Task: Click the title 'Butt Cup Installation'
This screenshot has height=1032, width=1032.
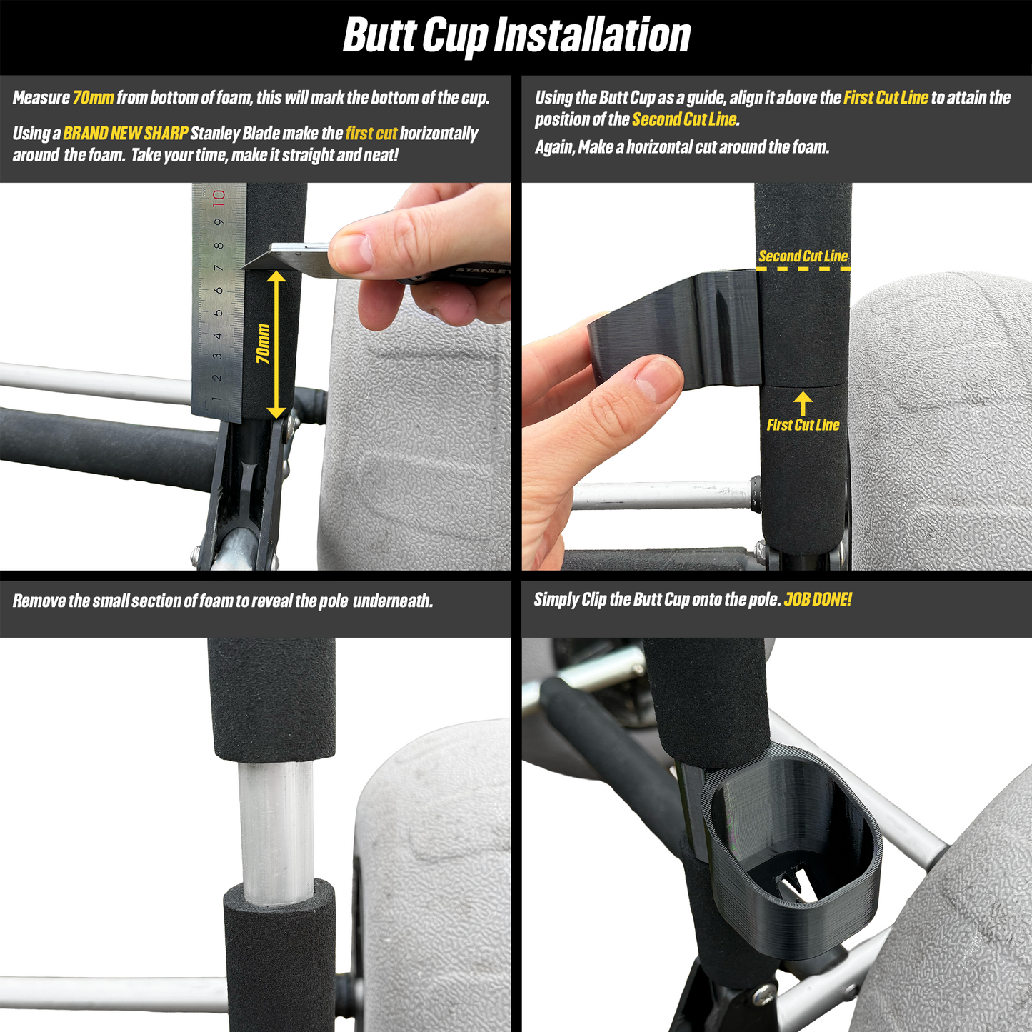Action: click(516, 35)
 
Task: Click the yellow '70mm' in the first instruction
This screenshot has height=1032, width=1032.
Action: click(93, 97)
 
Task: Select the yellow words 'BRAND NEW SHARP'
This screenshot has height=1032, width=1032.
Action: click(125, 133)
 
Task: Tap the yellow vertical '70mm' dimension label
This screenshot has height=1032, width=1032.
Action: click(263, 344)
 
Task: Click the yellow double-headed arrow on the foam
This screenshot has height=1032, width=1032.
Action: click(276, 344)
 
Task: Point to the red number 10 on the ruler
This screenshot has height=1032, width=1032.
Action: click(218, 198)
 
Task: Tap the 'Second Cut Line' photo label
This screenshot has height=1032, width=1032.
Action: click(803, 256)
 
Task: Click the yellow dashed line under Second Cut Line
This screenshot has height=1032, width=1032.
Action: click(803, 269)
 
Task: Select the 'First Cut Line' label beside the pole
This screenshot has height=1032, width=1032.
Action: click(803, 425)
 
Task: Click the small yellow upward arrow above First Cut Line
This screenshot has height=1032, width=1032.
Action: click(803, 403)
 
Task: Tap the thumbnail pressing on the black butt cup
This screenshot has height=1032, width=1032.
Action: click(658, 380)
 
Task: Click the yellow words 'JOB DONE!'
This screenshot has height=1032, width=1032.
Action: click(818, 599)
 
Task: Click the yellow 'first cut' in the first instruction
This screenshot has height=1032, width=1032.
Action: click(371, 133)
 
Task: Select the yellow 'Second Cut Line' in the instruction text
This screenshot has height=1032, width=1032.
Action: click(684, 119)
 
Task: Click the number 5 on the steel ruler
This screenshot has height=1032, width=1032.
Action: click(218, 312)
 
